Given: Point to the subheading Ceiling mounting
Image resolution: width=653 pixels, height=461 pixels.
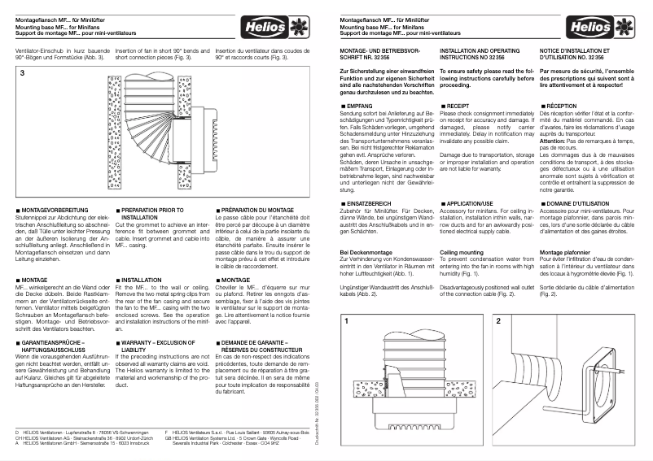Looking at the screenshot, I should (x=463, y=253).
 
